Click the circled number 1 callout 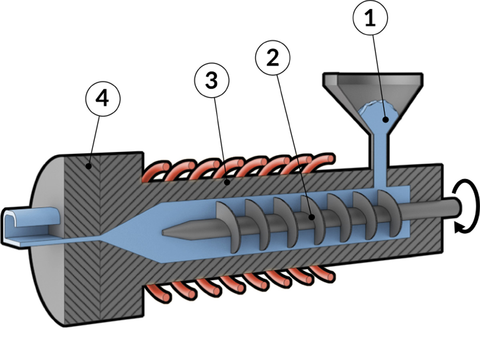click(x=370, y=18)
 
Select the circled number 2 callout click(x=273, y=58)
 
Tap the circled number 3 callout click(x=212, y=80)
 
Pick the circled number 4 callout click(x=103, y=99)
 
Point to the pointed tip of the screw click(x=163, y=233)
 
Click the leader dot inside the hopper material click(x=386, y=120)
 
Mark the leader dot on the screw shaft click(x=312, y=217)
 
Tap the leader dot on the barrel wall click(x=228, y=182)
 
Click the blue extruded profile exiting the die click(x=31, y=227)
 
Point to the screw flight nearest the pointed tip click(x=228, y=227)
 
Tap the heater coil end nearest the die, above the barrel click(x=166, y=167)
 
